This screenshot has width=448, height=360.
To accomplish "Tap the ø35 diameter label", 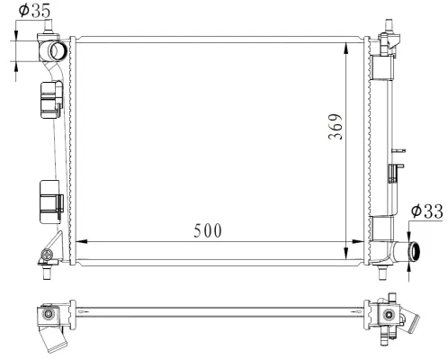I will pyautogui.click(x=34, y=12).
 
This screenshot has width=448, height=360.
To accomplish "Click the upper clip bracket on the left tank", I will pyautogui.click(x=50, y=101).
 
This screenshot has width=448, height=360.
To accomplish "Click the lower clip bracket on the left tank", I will pyautogui.click(x=49, y=199).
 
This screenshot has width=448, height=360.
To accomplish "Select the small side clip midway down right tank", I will pyautogui.click(x=393, y=174).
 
